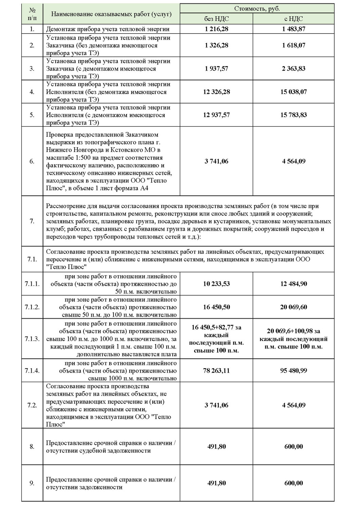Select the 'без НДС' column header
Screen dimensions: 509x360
(216, 19)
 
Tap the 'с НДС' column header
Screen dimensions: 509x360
(293, 19)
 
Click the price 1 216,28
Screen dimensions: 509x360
(216, 29)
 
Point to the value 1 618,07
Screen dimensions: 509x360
(293, 45)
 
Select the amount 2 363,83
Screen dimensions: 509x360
(293, 69)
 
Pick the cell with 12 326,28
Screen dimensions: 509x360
(216, 92)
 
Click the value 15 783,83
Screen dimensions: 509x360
(293, 115)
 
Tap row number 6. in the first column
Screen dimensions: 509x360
(32, 161)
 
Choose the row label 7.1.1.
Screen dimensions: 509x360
(32, 284)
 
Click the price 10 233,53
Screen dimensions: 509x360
(216, 284)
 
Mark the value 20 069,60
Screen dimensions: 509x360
(293, 307)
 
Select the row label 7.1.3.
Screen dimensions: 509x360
(32, 339)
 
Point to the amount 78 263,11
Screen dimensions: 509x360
(216, 371)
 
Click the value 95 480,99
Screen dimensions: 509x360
(293, 371)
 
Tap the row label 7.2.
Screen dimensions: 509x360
(32, 405)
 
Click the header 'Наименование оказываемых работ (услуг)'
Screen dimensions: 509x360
(111, 14)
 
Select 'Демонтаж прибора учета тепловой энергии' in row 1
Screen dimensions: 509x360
(108, 29)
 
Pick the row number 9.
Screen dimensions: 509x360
(32, 483)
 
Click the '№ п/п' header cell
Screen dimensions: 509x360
(32, 14)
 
